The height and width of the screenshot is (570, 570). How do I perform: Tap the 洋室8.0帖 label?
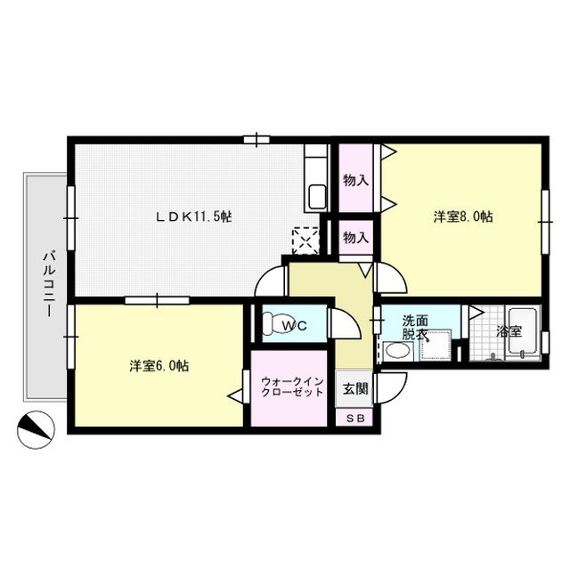(464, 216)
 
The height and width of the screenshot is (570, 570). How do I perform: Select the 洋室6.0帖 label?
(158, 365)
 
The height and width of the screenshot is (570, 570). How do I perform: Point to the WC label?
(295, 326)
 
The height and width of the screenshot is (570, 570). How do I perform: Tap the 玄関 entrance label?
(354, 388)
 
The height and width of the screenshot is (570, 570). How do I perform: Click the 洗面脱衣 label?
(415, 327)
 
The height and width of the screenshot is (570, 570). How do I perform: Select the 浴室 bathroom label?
(510, 330)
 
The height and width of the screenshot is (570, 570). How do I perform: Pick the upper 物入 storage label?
(356, 180)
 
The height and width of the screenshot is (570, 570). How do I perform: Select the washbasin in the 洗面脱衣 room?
(394, 351)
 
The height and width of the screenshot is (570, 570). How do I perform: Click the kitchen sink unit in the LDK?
(317, 183)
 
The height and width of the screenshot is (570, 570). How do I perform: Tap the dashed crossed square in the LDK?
(305, 239)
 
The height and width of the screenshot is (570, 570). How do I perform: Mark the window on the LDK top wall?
(256, 138)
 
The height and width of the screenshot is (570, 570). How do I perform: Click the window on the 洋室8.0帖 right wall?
(545, 216)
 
